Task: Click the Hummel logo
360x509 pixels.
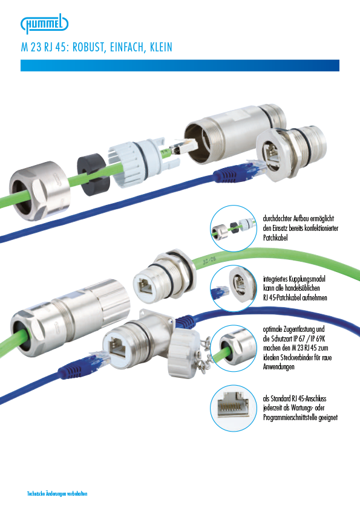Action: (x=45, y=24)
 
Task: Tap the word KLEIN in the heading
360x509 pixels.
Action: (x=161, y=47)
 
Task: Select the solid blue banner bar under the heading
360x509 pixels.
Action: (x=180, y=65)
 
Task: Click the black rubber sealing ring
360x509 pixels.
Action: (x=93, y=174)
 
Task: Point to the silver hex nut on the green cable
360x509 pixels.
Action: (x=40, y=190)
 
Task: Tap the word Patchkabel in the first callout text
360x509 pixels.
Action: (x=275, y=238)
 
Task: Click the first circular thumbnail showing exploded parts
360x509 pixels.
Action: (x=234, y=229)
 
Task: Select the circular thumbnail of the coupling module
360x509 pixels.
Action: (x=234, y=288)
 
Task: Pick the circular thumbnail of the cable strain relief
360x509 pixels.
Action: (x=234, y=348)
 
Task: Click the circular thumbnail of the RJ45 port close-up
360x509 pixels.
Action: (x=234, y=408)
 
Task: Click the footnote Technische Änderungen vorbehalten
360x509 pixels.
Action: (x=57, y=494)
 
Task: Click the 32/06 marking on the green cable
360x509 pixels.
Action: (x=209, y=260)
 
